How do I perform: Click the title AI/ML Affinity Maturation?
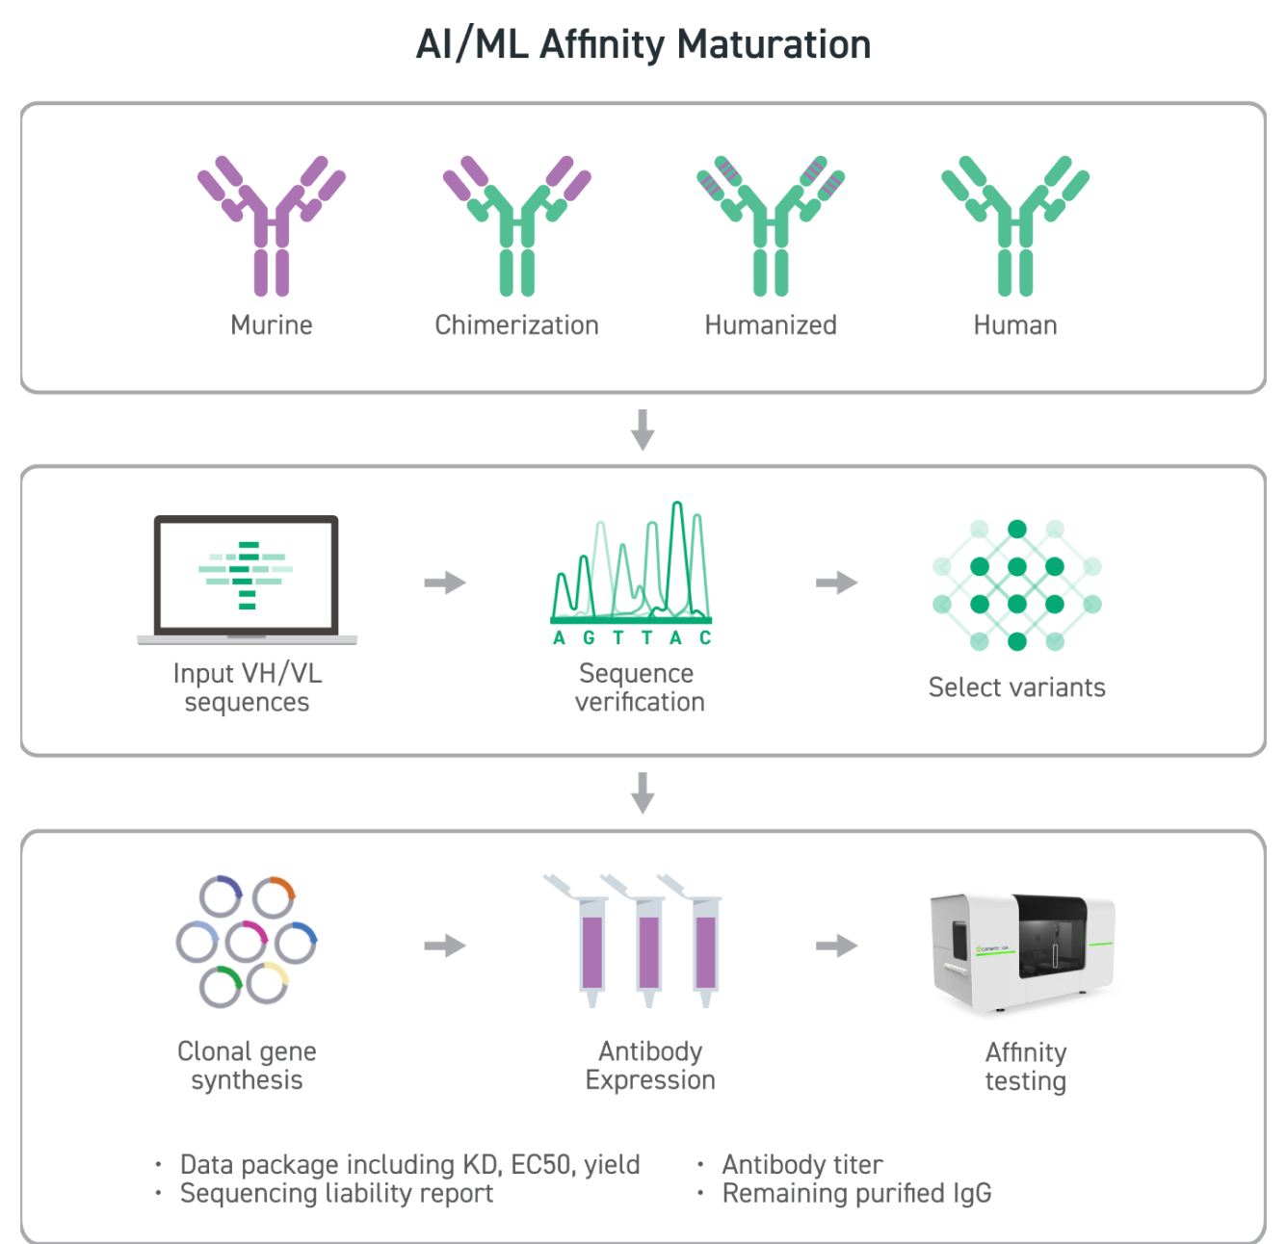(x=643, y=45)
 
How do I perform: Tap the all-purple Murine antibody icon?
(x=272, y=225)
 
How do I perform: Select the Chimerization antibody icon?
(x=517, y=225)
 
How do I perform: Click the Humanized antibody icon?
(x=771, y=225)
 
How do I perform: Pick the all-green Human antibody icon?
(x=1015, y=225)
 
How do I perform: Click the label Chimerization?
(x=516, y=325)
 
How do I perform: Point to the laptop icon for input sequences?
(x=247, y=579)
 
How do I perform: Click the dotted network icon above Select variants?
(x=1016, y=585)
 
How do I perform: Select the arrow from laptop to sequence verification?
(x=445, y=583)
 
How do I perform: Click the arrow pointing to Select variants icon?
(x=836, y=583)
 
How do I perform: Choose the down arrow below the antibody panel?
(x=643, y=429)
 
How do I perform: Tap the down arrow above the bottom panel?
(x=643, y=792)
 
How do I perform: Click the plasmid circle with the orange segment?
(x=275, y=897)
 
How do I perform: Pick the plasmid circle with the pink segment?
(x=247, y=942)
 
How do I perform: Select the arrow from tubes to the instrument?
(x=836, y=946)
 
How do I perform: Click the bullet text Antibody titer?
(x=801, y=1165)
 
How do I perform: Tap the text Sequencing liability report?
(x=336, y=1194)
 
